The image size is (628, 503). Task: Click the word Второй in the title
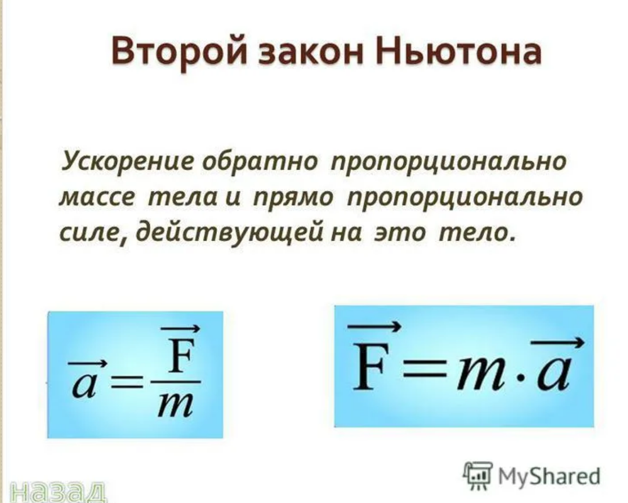(x=180, y=53)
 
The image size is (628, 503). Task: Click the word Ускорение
(x=128, y=163)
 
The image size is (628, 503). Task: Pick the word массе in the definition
(x=97, y=198)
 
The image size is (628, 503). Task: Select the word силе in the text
(x=93, y=234)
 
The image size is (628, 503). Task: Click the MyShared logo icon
(x=478, y=475)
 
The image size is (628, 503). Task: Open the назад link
(x=58, y=492)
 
